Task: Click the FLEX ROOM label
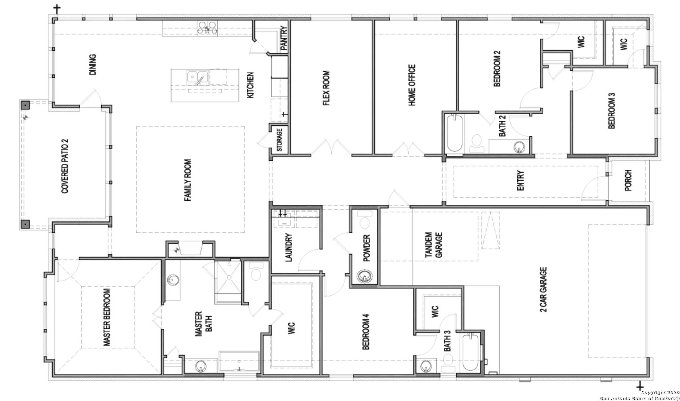point(326,88)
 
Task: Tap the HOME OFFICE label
point(412,85)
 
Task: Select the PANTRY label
point(284,38)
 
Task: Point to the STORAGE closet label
point(279,140)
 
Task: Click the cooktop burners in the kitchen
point(207,28)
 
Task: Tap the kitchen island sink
point(197,78)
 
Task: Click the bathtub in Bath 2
point(454,133)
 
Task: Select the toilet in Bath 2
point(477,143)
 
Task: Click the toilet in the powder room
point(365,221)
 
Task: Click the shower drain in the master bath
point(229,277)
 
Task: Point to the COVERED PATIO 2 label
point(65,166)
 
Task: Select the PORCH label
point(628,180)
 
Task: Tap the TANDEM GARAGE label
point(434,245)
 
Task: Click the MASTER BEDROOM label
point(107,317)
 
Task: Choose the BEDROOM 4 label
point(365,331)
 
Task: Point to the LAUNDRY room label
point(288,247)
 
